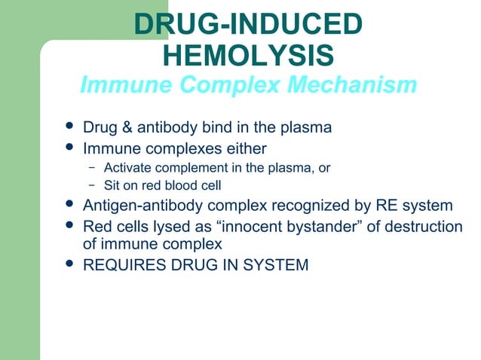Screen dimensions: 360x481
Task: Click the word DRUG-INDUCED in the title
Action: pyautogui.click(x=248, y=24)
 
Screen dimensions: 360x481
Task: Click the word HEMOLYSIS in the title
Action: pyautogui.click(x=248, y=55)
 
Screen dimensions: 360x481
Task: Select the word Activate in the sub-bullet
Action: pyautogui.click(x=126, y=167)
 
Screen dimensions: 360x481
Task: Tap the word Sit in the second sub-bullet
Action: pyautogui.click(x=112, y=185)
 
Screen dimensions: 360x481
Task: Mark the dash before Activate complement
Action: pyautogui.click(x=90, y=167)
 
